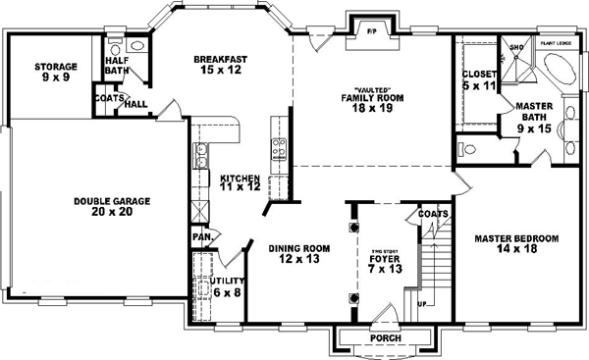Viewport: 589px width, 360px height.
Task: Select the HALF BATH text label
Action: (118, 65)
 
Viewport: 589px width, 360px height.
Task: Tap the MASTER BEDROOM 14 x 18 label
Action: (515, 243)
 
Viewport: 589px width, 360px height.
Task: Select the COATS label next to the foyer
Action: (433, 214)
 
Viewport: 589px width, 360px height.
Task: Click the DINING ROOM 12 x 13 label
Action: (297, 254)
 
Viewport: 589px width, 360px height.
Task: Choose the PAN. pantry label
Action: (202, 236)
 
